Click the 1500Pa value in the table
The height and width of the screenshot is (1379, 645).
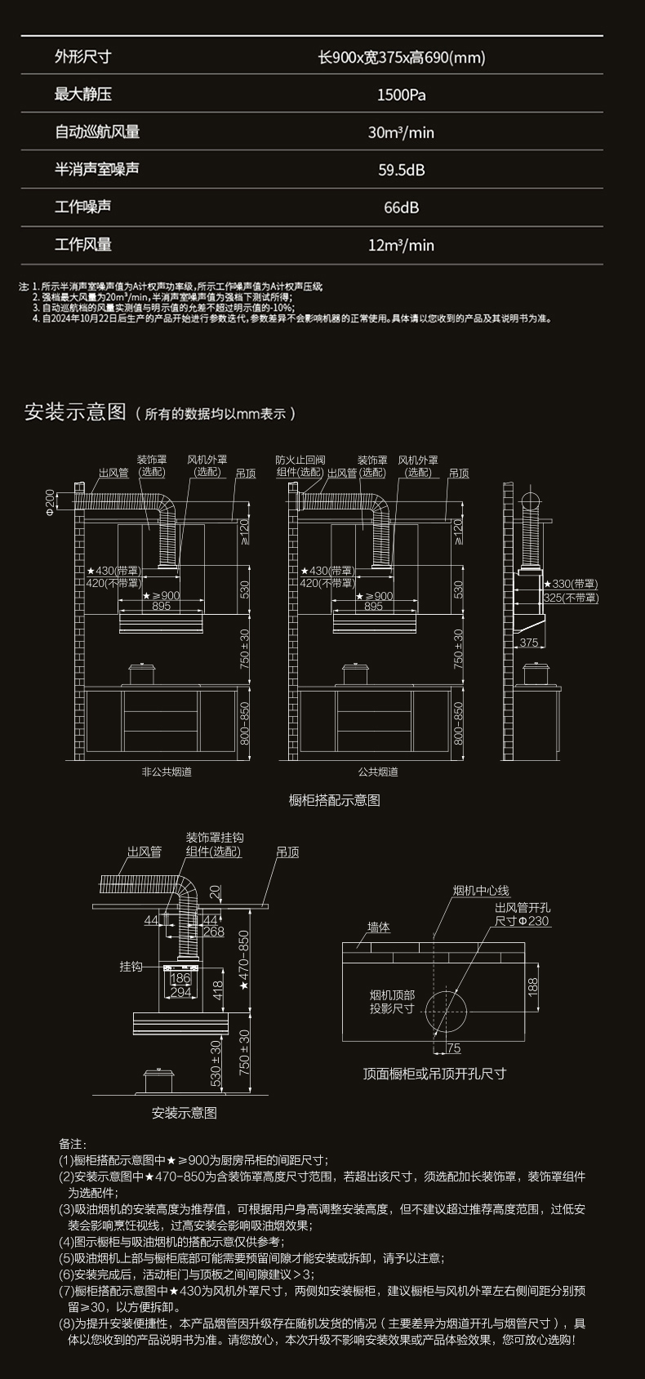coord(401,95)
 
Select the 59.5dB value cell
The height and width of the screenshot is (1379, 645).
coord(401,170)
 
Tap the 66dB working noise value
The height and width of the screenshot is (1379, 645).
coord(401,207)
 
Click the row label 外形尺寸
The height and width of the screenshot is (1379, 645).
coord(82,57)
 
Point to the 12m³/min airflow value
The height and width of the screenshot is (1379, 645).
coord(401,245)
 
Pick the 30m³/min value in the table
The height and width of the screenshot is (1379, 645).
coord(401,132)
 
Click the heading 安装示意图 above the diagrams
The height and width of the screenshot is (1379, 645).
coord(75,411)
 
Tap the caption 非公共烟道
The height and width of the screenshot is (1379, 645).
coord(167,772)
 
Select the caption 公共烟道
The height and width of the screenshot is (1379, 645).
coord(378,772)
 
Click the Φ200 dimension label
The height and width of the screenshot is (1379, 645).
coord(51,503)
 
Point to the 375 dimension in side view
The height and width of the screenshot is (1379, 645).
coord(529,643)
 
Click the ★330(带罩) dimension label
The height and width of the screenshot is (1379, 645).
coord(571,584)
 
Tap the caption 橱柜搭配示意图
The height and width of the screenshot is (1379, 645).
coord(335,800)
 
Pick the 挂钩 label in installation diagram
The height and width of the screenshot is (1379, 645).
coord(131,967)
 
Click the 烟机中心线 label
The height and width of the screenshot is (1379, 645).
coord(481,891)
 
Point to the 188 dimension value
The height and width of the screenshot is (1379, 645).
coord(533,985)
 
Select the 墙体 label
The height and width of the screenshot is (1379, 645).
coord(379,927)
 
